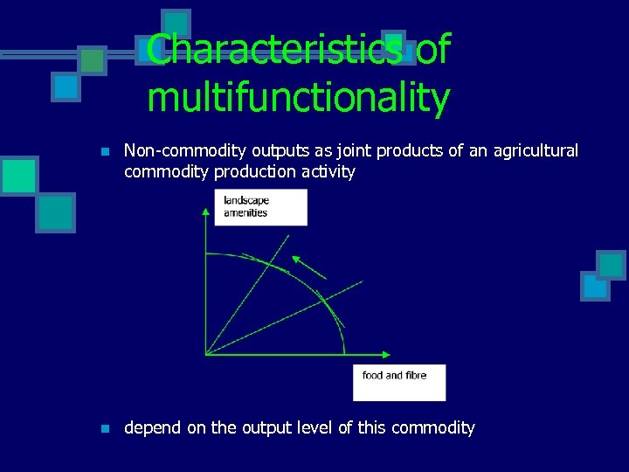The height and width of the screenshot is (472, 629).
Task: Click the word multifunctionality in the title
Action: pos(299,97)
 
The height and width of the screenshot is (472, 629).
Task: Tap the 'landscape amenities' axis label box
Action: pos(260,207)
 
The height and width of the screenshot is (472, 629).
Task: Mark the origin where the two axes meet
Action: pos(205,354)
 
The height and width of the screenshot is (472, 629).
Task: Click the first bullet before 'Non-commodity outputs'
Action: pos(103,151)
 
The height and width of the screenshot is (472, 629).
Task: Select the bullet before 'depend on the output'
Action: pos(103,428)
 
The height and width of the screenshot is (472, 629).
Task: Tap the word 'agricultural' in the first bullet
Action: pos(535,151)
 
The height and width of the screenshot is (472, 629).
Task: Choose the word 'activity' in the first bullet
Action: pos(328,172)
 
